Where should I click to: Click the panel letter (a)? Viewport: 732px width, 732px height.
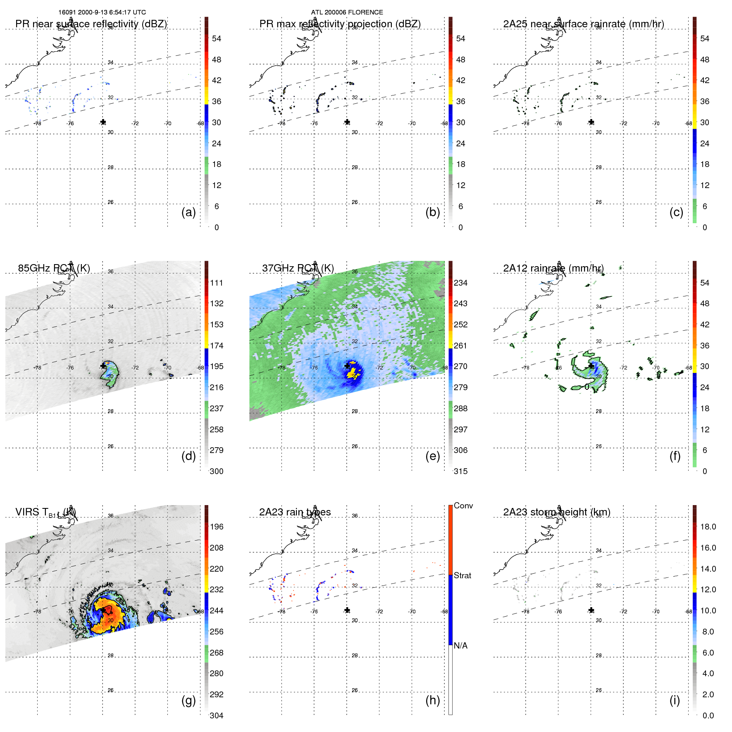(188, 212)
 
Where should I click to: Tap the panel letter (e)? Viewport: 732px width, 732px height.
(432, 456)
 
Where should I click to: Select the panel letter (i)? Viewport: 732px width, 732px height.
(675, 701)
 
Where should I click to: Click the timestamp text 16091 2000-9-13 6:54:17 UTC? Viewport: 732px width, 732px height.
(102, 12)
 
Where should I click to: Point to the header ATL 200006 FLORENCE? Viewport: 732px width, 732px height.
(347, 12)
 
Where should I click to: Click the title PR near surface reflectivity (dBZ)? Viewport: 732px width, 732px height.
(91, 24)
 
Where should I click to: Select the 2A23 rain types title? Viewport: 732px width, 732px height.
(295, 512)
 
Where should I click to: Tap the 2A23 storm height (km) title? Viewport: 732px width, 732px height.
(556, 512)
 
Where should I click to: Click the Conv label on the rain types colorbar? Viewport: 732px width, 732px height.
(463, 506)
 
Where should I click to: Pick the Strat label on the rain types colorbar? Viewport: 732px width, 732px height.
(463, 576)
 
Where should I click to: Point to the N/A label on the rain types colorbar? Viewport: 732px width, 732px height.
(460, 646)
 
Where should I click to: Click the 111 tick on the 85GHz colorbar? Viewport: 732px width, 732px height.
(217, 283)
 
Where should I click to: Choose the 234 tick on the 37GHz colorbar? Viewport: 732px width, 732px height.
(460, 283)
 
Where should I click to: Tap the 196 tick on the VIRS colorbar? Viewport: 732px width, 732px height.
(217, 527)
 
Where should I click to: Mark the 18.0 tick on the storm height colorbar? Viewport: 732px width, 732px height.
(708, 527)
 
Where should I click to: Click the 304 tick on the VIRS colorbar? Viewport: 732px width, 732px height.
(217, 715)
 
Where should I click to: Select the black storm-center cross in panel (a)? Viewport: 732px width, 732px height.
(103, 122)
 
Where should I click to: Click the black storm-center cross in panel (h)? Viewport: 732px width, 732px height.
(347, 610)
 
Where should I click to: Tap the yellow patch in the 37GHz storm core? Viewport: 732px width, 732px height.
(353, 374)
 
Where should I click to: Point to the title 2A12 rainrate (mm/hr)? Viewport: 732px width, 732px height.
(553, 268)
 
